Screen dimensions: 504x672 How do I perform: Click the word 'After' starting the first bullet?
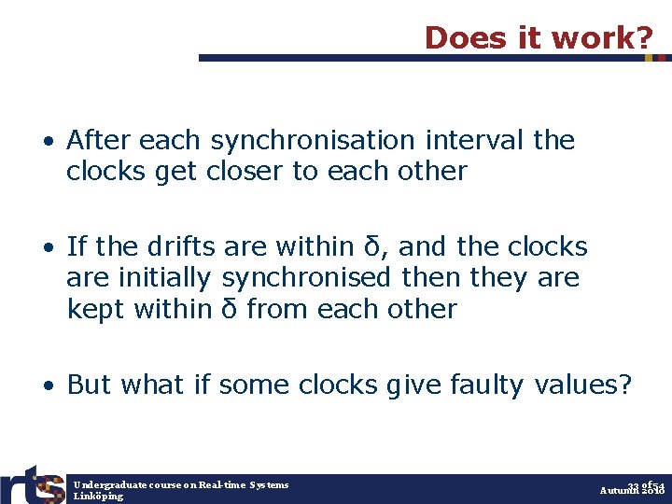(x=101, y=141)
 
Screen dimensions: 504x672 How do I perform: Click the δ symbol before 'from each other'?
(x=228, y=309)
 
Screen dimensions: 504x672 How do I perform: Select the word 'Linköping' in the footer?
(x=98, y=497)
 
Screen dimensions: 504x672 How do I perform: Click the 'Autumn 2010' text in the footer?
(x=632, y=491)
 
